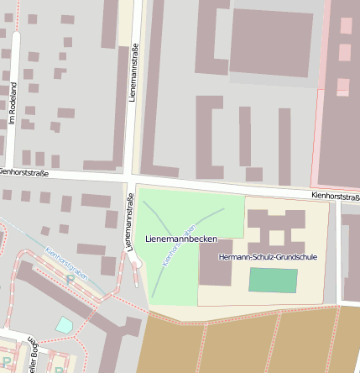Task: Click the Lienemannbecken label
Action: point(181,239)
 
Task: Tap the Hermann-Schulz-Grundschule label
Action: point(267,256)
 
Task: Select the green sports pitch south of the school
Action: point(273,281)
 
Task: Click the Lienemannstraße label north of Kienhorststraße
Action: point(133,75)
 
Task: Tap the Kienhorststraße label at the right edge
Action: point(335,195)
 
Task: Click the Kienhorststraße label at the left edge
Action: point(23,172)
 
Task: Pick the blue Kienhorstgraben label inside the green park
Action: point(178,244)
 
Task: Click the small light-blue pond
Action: point(64,323)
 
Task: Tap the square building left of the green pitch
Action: point(216,263)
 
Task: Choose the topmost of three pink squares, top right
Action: point(346,25)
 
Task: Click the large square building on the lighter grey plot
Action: point(270,42)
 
